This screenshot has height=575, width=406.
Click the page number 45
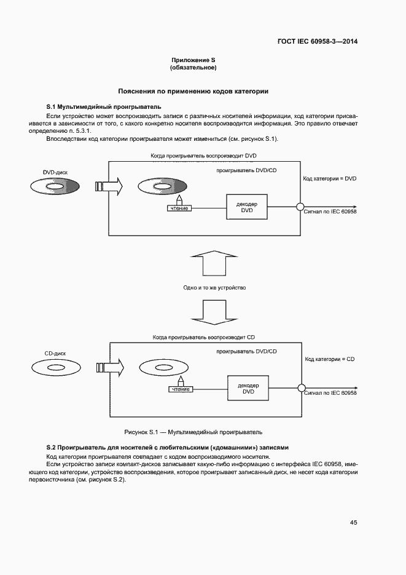click(353, 522)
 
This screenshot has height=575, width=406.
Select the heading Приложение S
click(193, 60)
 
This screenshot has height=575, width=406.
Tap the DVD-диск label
click(55, 173)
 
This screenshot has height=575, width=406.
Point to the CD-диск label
click(55, 354)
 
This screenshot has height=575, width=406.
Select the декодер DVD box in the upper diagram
click(247, 207)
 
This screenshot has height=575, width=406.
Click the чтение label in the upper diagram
click(179, 208)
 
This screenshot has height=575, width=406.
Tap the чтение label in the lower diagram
click(180, 389)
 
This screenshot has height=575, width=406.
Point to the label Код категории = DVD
click(330, 178)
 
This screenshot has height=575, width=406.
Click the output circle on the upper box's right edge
click(301, 207)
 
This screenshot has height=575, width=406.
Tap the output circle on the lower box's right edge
click(301, 388)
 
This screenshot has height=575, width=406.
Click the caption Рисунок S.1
click(193, 432)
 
